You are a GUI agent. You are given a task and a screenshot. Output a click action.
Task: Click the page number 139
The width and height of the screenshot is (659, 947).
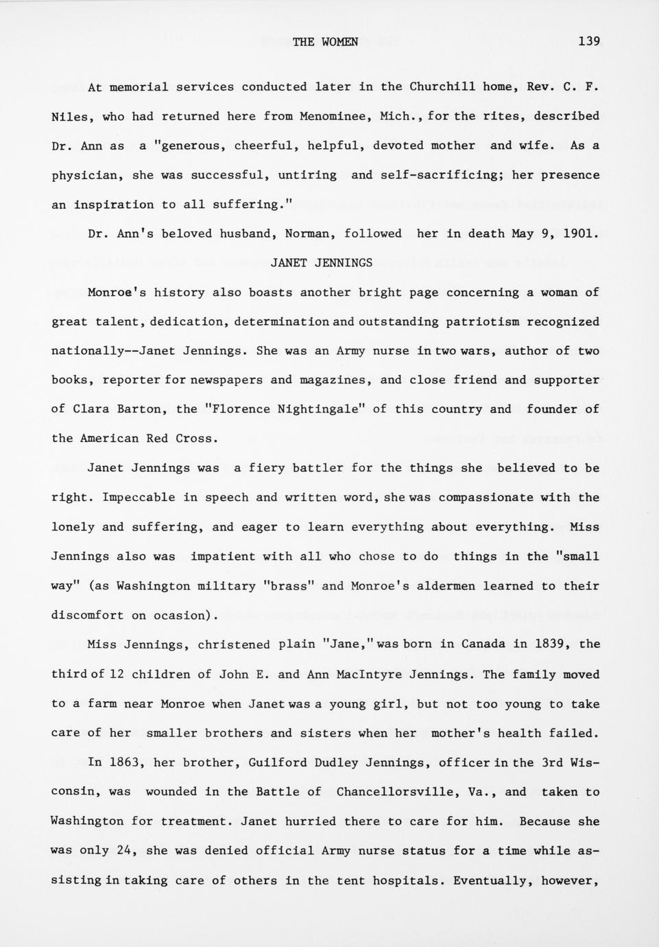point(588,41)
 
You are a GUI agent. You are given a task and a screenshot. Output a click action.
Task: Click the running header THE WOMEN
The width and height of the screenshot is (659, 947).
point(325,42)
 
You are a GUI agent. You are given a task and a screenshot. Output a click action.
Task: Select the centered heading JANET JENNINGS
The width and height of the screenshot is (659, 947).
point(322,263)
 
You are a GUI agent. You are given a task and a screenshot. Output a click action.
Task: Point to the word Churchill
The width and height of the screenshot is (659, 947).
point(438,87)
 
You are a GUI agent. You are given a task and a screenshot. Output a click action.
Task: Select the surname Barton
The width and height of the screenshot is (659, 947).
point(139,410)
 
